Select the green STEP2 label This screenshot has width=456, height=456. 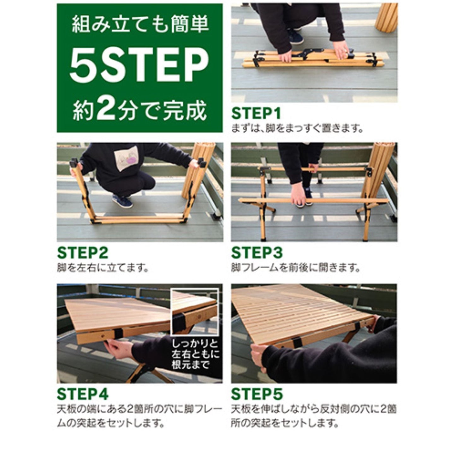(x=83, y=253)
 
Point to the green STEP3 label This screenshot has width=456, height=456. (x=257, y=253)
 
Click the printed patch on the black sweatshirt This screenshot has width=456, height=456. (x=127, y=158)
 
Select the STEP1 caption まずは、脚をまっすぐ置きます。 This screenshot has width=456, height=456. (x=297, y=129)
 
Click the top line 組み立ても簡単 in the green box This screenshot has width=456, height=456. (x=140, y=24)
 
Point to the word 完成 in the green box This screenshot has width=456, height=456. (x=185, y=110)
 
